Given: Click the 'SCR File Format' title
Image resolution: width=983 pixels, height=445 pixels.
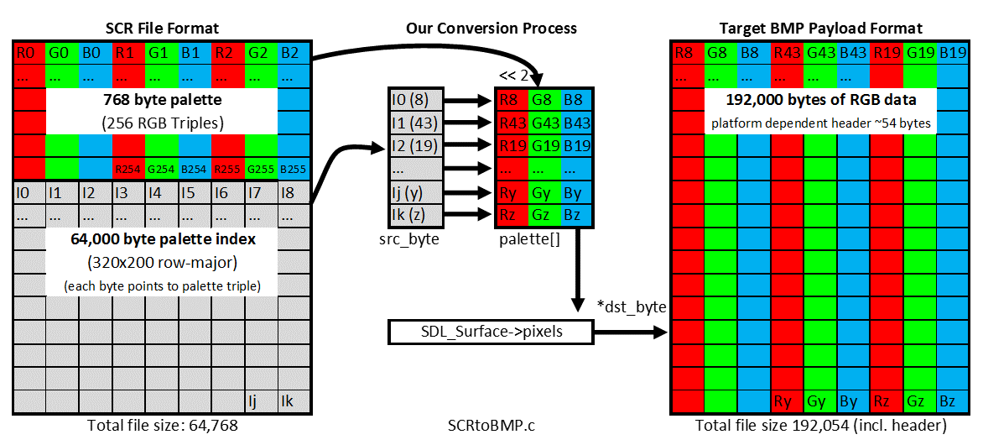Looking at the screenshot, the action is pos(163,28).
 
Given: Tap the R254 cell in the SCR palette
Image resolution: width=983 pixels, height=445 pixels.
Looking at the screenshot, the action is pos(128,168).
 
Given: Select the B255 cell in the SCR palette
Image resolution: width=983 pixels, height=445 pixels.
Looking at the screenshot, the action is pos(294,168).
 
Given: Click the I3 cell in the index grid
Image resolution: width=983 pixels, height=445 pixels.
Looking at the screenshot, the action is pos(128,193).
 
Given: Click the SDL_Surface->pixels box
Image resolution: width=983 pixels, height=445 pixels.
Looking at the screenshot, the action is pos(491,332).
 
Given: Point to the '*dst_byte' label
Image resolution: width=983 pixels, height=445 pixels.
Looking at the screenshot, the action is pos(631,308).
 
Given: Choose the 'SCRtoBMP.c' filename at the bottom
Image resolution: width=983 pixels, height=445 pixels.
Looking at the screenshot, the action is pos(491,427).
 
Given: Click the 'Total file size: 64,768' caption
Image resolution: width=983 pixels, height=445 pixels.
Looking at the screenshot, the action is pos(162,427).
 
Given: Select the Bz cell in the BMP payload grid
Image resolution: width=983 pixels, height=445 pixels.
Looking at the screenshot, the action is pos(952,401).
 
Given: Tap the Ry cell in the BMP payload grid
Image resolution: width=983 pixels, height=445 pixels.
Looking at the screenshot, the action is pos(787,401).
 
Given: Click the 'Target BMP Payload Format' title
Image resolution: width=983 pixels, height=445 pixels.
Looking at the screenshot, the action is pos(820,28).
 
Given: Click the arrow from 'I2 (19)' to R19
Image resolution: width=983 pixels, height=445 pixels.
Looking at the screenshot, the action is pos(468,146).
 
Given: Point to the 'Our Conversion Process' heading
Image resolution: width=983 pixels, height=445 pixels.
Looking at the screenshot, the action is pos(491,28).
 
